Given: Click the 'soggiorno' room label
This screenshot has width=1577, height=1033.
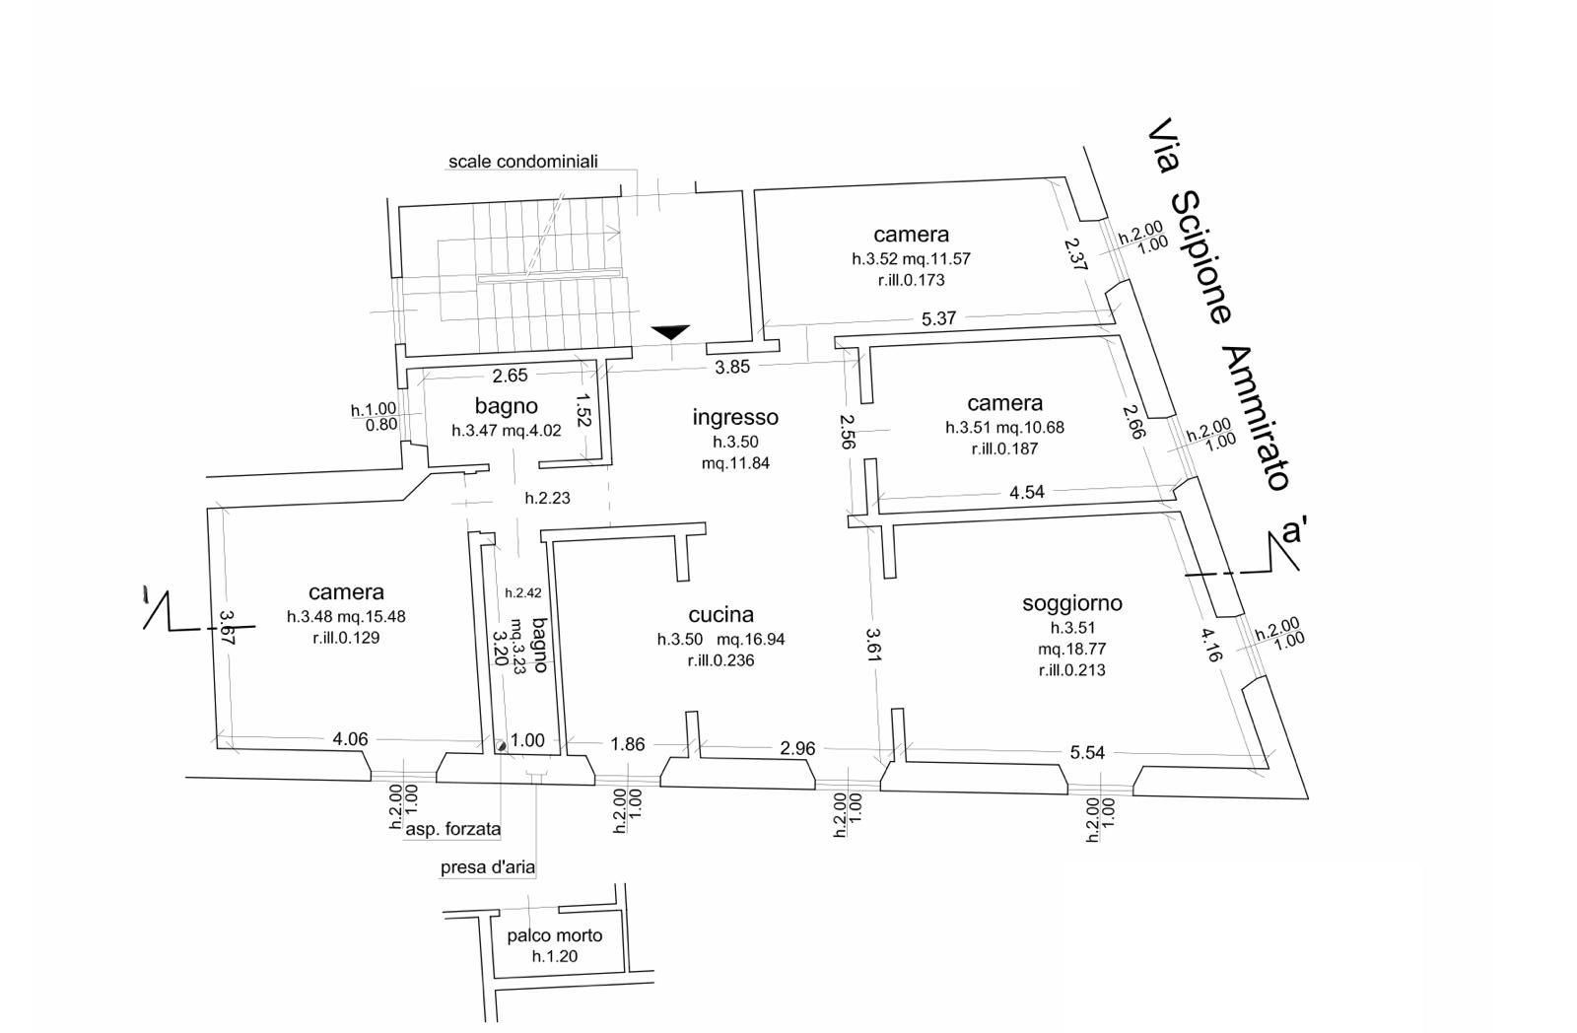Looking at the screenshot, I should [1072, 603].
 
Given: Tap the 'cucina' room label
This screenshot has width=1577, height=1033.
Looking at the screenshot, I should [721, 614].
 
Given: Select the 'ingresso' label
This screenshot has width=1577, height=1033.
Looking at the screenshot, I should [735, 417].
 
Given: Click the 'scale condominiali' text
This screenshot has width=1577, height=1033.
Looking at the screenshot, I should [523, 161].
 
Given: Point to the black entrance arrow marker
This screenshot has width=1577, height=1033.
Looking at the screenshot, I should [670, 332].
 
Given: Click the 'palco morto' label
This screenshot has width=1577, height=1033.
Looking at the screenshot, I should [555, 935].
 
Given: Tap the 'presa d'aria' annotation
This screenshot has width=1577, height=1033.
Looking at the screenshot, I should [488, 867].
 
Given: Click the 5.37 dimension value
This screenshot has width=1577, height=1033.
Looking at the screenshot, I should [938, 318].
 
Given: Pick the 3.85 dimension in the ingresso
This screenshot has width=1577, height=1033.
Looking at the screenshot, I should [732, 367].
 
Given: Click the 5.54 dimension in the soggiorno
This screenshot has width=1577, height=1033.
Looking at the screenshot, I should [1087, 752].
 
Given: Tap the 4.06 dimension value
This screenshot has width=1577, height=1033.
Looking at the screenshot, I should [350, 738].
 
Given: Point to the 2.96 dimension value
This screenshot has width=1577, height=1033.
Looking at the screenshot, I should [797, 748].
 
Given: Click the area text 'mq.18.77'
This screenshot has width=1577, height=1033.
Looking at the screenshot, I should [1071, 649].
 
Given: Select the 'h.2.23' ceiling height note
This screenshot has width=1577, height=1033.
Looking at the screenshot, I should [547, 498].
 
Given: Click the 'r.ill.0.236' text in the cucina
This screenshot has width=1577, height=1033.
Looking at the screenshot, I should [720, 660].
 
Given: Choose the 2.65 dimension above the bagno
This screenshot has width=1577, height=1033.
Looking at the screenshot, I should [511, 375].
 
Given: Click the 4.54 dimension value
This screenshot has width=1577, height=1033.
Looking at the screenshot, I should [1027, 492].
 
